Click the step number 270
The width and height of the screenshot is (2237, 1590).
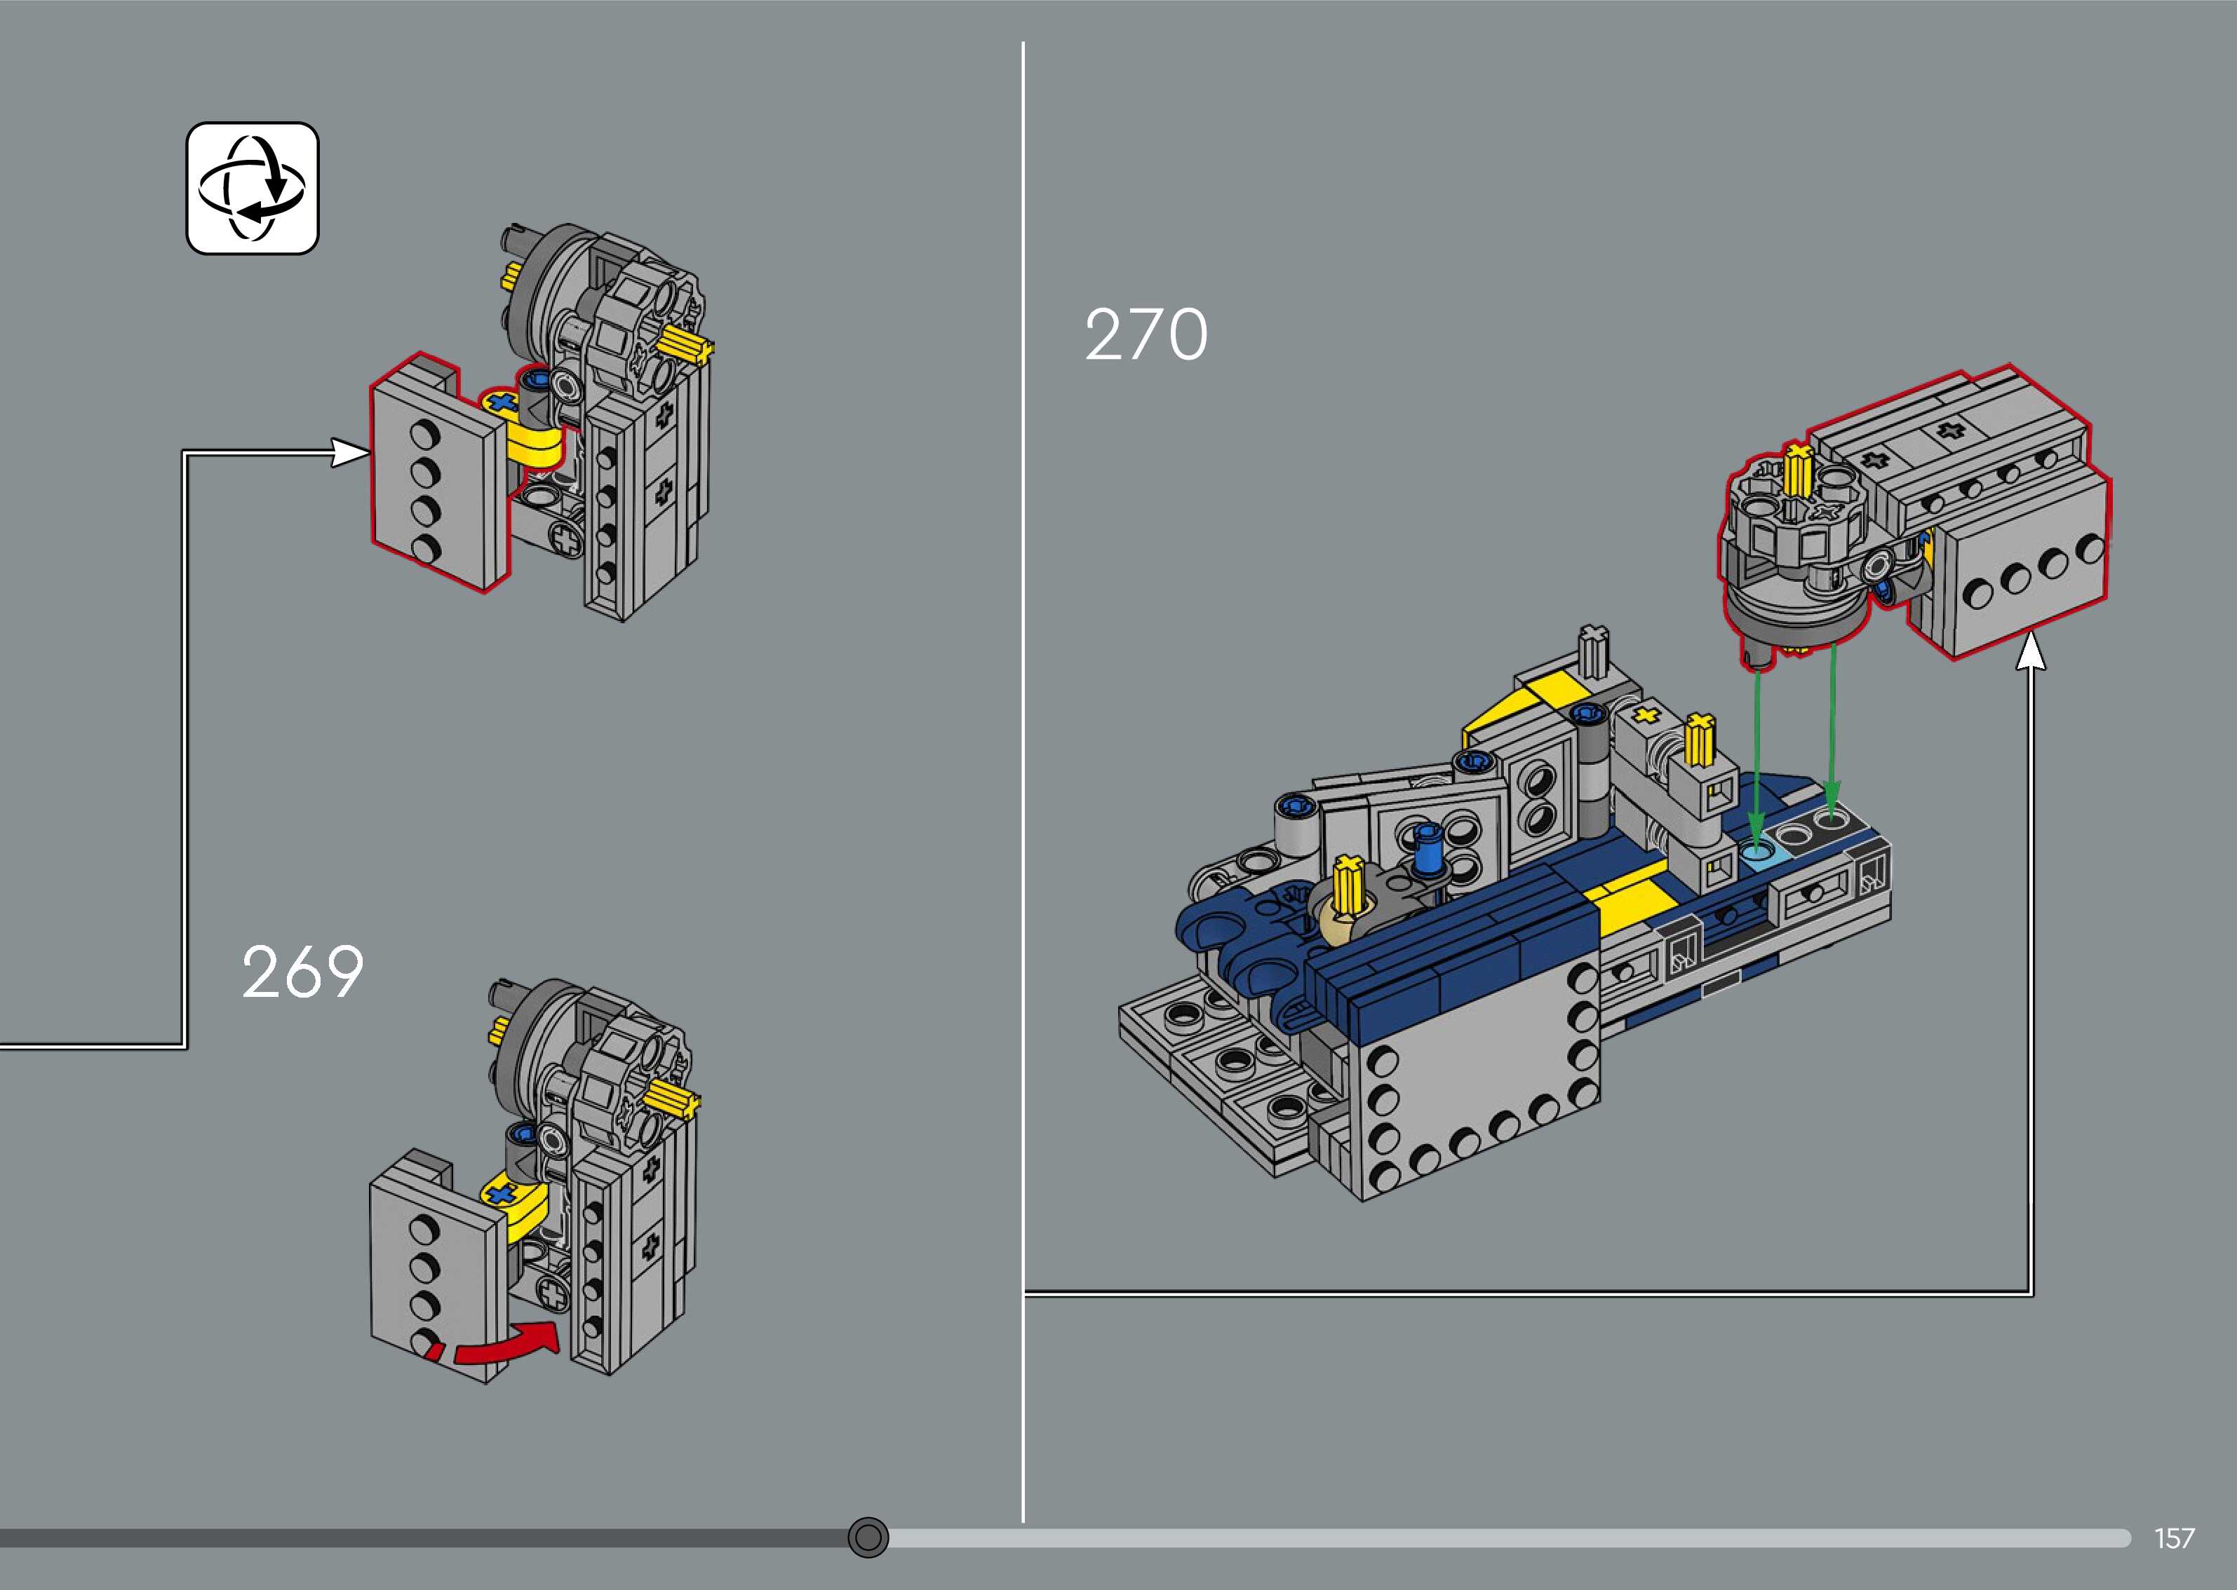[x=1146, y=335]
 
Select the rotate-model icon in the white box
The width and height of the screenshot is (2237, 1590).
[x=253, y=188]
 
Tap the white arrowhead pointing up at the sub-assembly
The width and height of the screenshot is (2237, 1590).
[x=2031, y=653]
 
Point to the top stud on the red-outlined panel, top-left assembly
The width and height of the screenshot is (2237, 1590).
[x=424, y=432]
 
